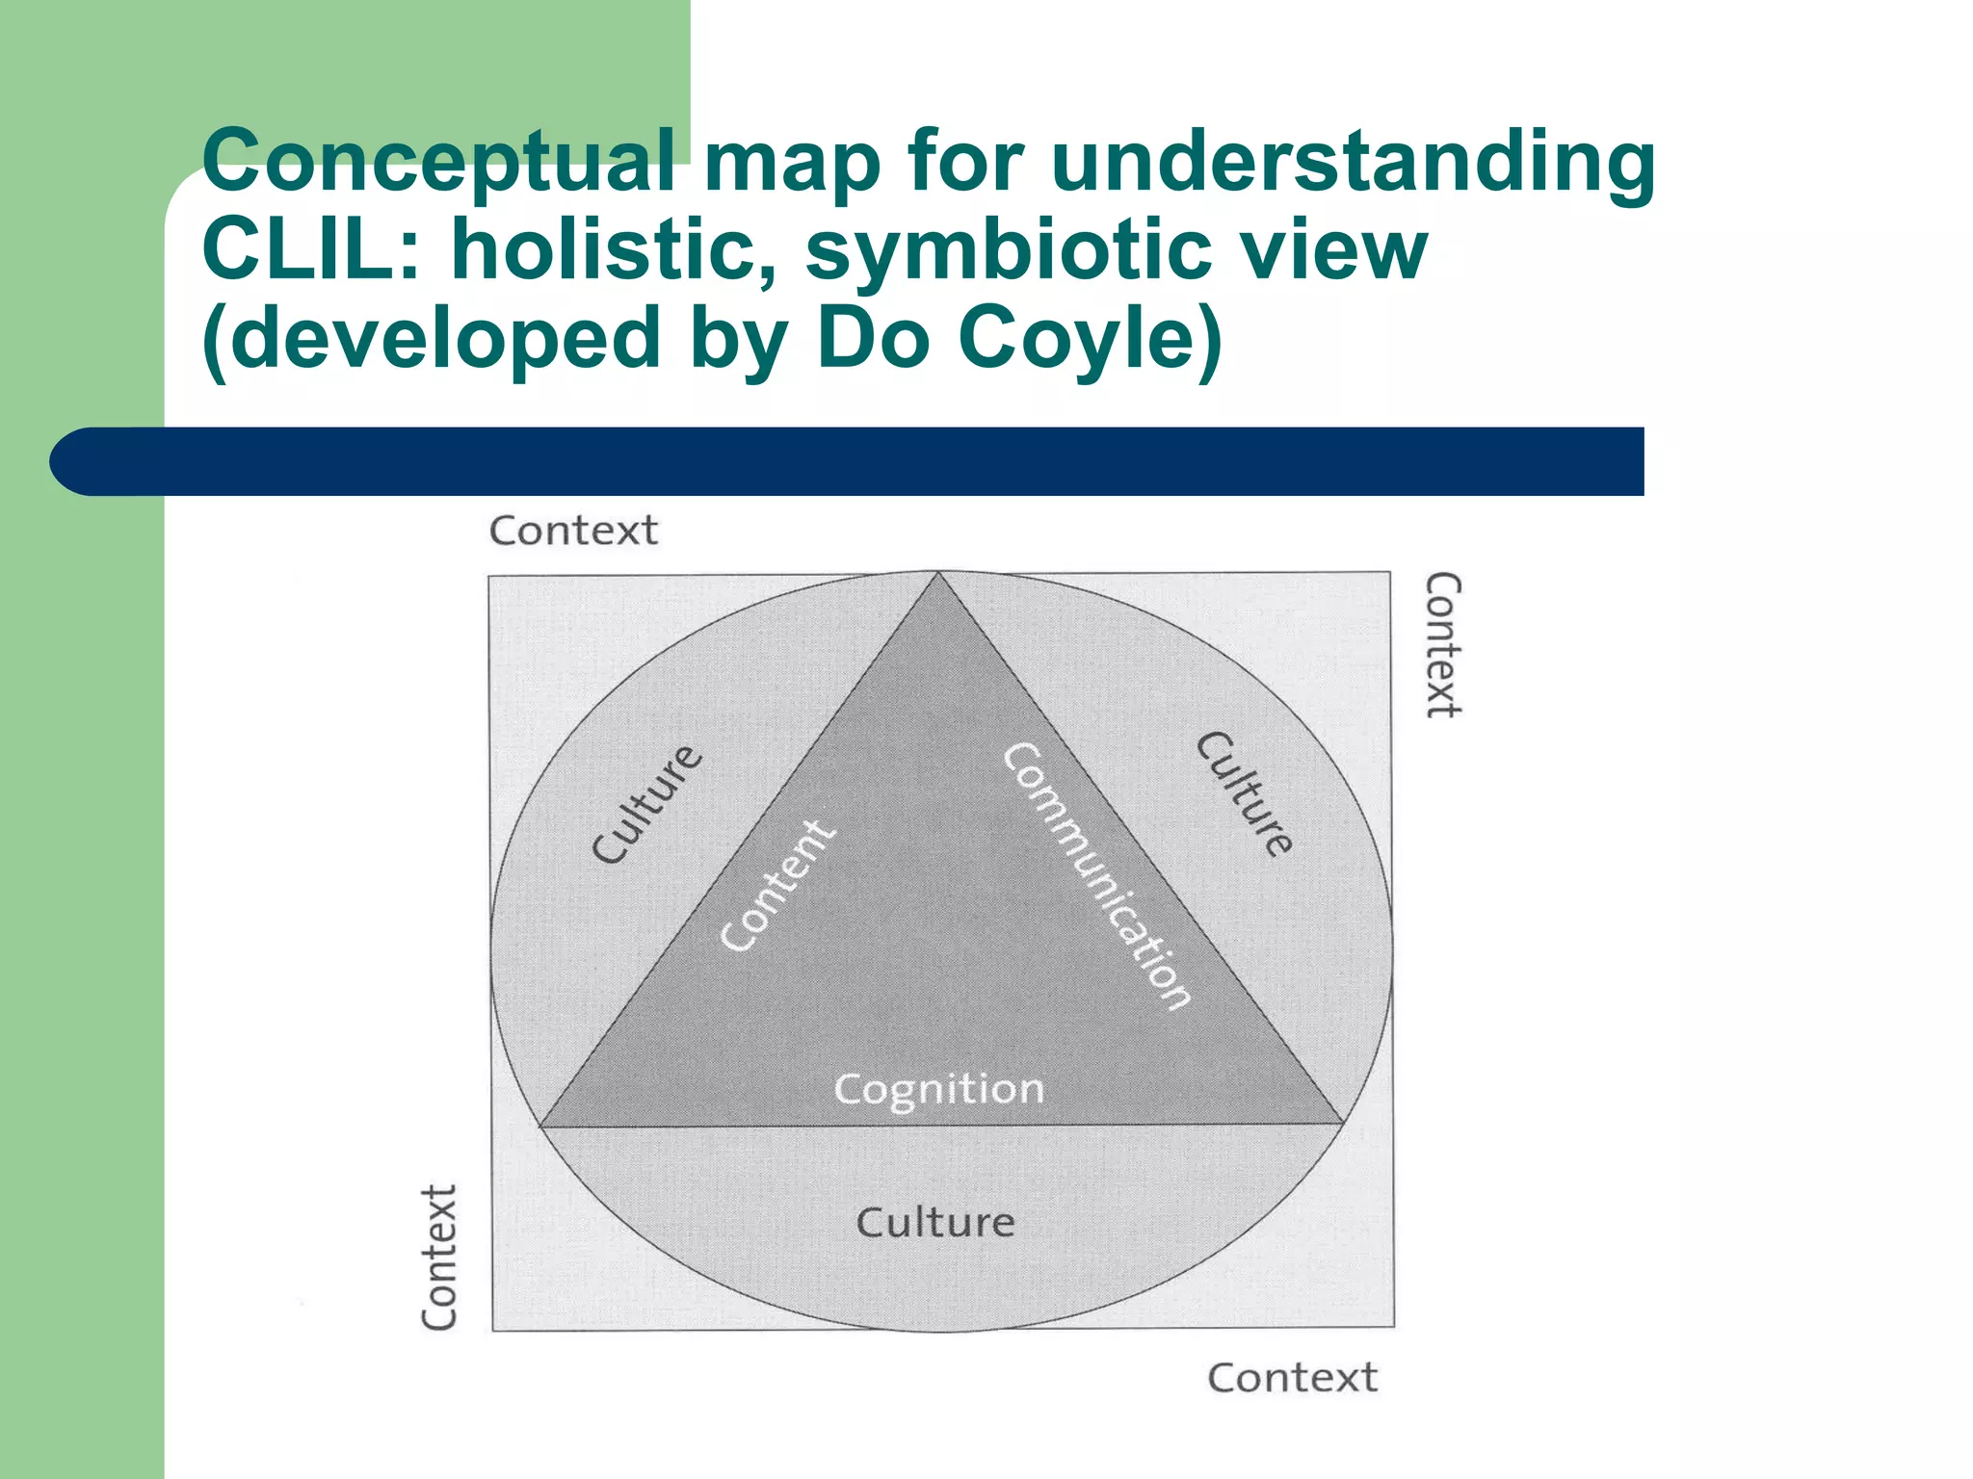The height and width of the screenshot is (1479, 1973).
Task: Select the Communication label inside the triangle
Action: (x=1097, y=875)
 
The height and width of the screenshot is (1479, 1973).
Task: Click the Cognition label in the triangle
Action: (x=938, y=1089)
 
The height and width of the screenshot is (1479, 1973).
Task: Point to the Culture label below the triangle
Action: (x=935, y=1223)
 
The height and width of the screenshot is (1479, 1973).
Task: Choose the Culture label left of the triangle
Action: (x=646, y=804)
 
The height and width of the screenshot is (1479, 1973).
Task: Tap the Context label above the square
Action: (x=573, y=531)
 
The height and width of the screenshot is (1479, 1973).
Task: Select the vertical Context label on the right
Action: (x=1443, y=645)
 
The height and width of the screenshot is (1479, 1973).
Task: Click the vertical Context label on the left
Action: (x=439, y=1258)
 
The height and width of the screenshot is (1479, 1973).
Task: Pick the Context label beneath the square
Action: (x=1292, y=1378)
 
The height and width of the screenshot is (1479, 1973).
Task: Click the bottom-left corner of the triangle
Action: (x=540, y=1126)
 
